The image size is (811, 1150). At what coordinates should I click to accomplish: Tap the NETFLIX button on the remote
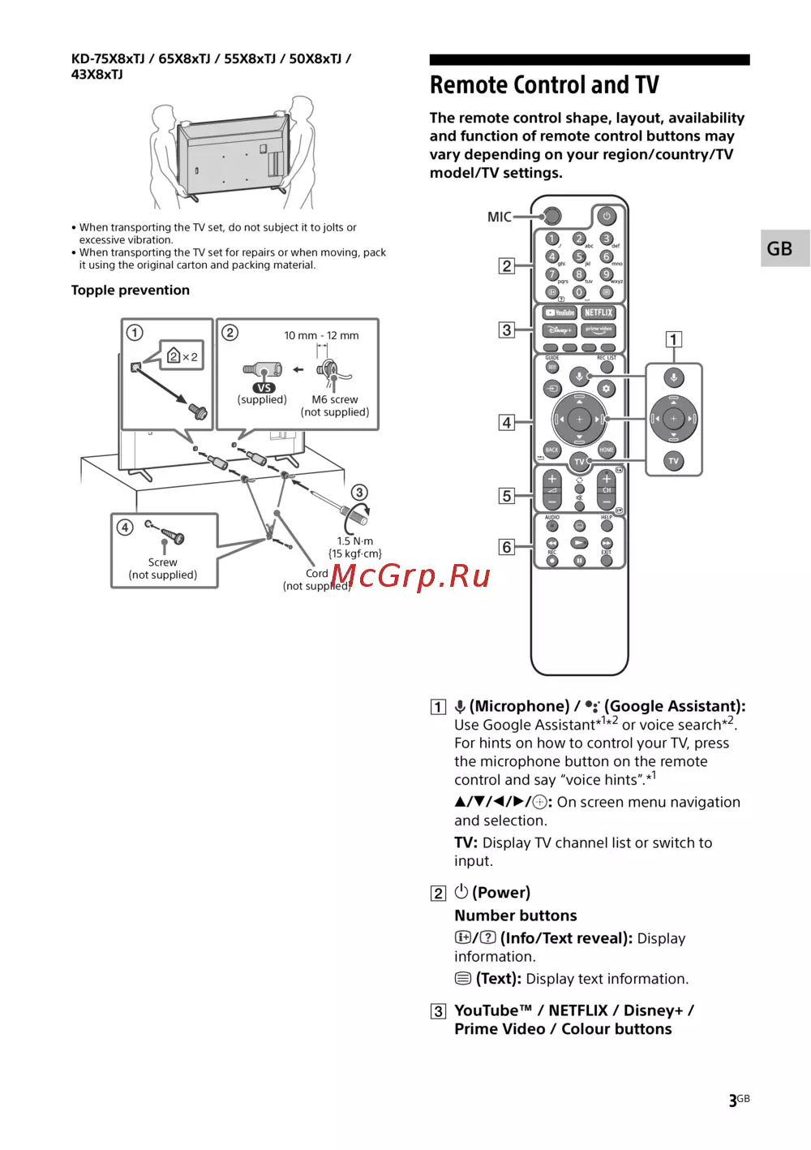point(599,312)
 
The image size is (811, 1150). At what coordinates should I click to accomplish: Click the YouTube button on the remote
point(560,312)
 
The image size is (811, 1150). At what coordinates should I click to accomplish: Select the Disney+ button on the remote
point(560,330)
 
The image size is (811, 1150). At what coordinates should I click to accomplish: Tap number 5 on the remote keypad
point(579,256)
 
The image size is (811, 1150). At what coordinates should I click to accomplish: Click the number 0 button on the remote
point(579,292)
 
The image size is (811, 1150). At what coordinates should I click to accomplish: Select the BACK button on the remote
point(552,450)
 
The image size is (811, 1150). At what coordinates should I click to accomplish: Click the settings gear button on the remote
point(606,389)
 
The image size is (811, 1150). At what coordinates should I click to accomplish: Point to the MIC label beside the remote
point(500,217)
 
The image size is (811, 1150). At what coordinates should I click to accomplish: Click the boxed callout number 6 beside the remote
point(507,547)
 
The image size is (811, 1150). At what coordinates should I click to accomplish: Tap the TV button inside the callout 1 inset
point(673,461)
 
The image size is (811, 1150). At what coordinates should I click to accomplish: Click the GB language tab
point(779,248)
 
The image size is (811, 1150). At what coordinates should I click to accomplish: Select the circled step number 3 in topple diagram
point(359,493)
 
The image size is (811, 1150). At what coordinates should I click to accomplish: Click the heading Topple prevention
point(131,291)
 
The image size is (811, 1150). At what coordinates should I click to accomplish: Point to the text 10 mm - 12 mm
point(321,335)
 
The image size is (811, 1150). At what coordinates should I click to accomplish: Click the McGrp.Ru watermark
point(410,575)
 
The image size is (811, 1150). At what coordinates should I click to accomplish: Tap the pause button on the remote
point(579,561)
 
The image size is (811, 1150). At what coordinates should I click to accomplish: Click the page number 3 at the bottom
point(733,1101)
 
